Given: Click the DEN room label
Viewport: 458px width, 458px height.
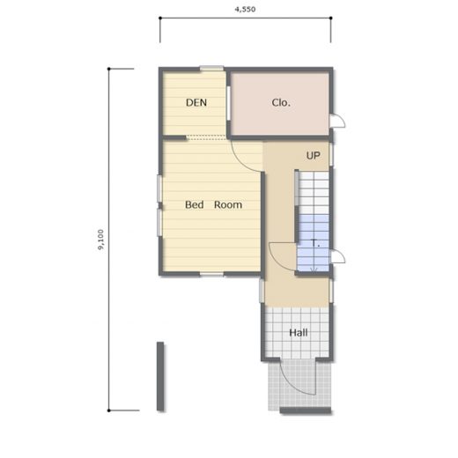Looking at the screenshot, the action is (196, 102).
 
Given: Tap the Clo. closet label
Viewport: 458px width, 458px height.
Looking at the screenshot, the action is (281, 102).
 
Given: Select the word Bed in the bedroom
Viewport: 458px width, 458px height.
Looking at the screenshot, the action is (195, 204).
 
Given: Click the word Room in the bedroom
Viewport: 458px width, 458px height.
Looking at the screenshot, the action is (228, 204).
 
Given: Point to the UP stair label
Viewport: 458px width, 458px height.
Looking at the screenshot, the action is (314, 156).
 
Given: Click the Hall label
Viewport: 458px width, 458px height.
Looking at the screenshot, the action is (299, 333).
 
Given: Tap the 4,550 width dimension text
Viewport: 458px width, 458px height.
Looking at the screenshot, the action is (245, 10).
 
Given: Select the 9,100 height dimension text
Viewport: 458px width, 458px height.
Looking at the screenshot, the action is (100, 240).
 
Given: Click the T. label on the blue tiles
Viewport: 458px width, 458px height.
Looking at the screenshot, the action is (315, 243).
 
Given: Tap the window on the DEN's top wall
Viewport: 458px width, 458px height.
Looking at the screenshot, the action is (211, 69).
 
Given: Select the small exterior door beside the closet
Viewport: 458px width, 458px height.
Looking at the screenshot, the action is (337, 121).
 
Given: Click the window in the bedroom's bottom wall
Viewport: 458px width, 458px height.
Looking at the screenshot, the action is (211, 275).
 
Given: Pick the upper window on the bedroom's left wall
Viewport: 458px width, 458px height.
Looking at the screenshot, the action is (159, 188).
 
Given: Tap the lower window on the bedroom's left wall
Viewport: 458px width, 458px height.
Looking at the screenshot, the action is (159, 222).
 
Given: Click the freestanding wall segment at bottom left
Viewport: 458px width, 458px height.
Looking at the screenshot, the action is (160, 376).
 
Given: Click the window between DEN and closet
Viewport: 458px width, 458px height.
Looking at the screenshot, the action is (228, 103).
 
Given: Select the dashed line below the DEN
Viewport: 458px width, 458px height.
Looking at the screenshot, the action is (206, 136).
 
